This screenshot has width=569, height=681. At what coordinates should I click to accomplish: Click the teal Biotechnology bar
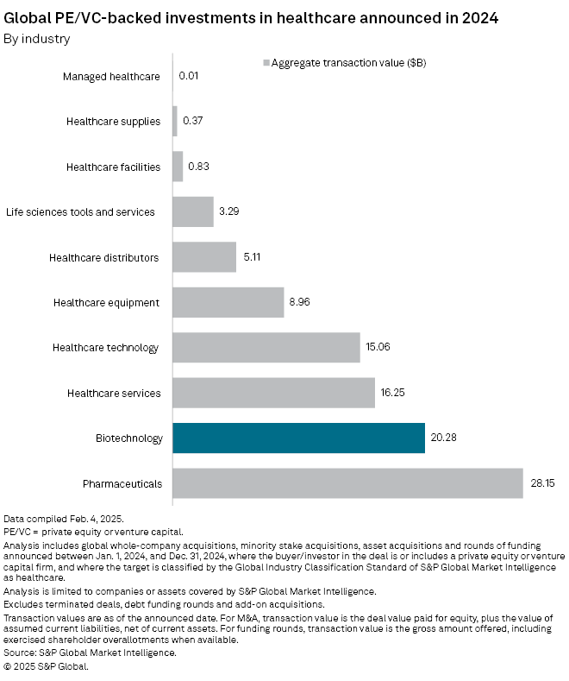pyautogui.click(x=298, y=438)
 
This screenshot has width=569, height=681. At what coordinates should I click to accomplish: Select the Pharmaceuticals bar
pyautogui.click(x=347, y=483)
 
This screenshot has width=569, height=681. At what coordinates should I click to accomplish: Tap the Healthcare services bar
pyautogui.click(x=273, y=393)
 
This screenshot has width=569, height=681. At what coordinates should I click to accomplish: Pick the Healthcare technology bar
pyautogui.click(x=266, y=347)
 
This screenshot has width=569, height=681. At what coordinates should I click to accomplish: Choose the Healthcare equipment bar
pyautogui.click(x=228, y=302)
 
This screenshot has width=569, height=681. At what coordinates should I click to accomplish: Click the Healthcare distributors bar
pyautogui.click(x=204, y=257)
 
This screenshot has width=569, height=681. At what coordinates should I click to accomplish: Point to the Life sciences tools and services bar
pyautogui.click(x=193, y=211)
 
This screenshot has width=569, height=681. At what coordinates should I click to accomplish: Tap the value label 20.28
pyautogui.click(x=443, y=438)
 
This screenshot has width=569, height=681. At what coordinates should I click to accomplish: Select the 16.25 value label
pyautogui.click(x=393, y=393)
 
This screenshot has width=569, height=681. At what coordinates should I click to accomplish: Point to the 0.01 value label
pyautogui.click(x=189, y=77)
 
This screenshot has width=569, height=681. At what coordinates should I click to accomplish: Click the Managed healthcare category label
pyautogui.click(x=111, y=77)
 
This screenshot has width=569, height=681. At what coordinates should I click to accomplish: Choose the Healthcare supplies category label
pyautogui.click(x=113, y=122)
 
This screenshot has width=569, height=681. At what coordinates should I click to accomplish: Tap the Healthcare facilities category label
pyautogui.click(x=113, y=167)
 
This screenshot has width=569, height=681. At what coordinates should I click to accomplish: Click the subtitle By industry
pyautogui.click(x=37, y=38)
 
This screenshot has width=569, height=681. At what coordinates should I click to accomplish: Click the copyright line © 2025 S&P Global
pyautogui.click(x=47, y=666)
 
